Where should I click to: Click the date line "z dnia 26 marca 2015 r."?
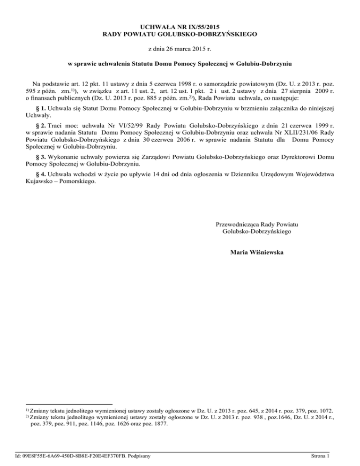(180, 48)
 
